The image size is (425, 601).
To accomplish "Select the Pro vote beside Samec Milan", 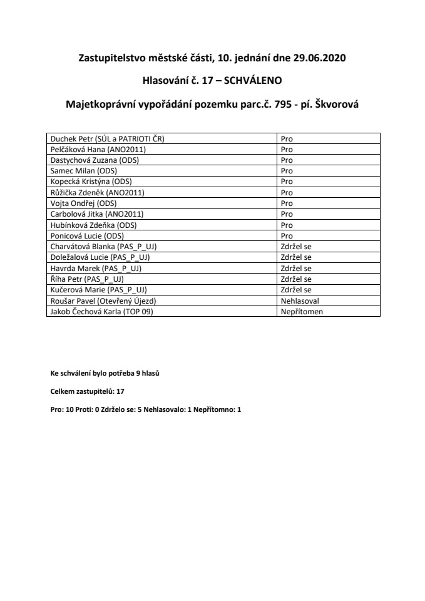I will tap(287, 170).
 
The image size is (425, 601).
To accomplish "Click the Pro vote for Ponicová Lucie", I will tap(287, 235).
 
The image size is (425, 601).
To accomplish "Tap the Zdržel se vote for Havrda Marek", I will tap(297, 268).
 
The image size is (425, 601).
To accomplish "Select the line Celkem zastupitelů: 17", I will tap(88, 391).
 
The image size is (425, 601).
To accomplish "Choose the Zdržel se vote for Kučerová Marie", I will tap(297, 290).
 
